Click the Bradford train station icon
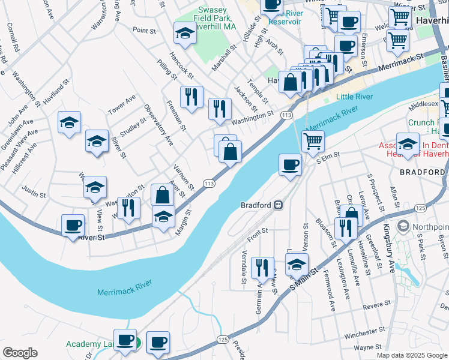(279, 205)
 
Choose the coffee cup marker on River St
(73, 226)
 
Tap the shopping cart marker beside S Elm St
(313, 142)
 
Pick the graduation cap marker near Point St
(185, 34)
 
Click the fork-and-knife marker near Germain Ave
(262, 268)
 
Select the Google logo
(20, 353)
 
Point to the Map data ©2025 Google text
(412, 355)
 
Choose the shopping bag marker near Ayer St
(162, 195)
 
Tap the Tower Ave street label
(122, 104)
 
